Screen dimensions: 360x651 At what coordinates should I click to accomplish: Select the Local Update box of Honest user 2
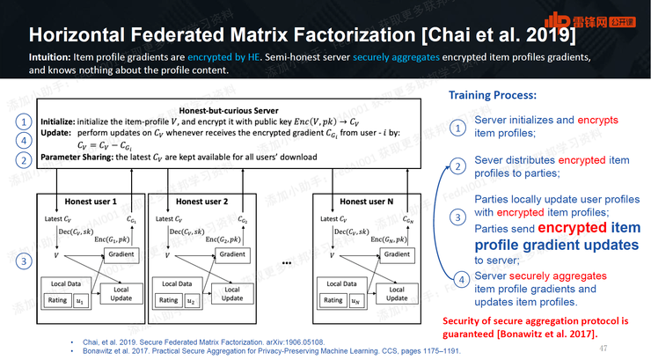[x=232, y=293]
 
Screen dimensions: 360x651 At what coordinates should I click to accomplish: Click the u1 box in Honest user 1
[x=81, y=300]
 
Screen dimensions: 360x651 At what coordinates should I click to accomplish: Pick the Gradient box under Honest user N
[x=397, y=254]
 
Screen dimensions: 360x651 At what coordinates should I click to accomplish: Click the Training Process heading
[x=492, y=94]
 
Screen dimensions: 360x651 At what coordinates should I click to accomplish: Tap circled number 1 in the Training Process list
[x=457, y=128]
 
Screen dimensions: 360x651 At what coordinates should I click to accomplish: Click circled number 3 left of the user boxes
[x=25, y=261]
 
